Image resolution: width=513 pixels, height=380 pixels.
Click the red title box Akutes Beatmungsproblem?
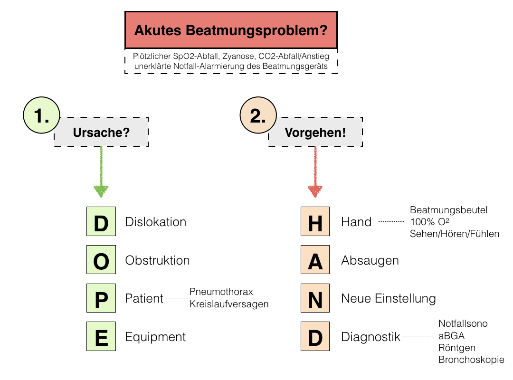click(x=231, y=30)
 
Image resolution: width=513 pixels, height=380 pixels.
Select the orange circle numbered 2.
click(x=258, y=117)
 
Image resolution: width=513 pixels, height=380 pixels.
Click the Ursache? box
click(x=101, y=132)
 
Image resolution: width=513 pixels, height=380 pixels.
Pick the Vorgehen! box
click(x=315, y=132)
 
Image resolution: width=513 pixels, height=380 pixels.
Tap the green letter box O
click(x=101, y=260)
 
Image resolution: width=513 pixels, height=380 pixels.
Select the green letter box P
click(x=101, y=299)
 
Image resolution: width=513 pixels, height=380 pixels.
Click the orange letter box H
click(x=315, y=222)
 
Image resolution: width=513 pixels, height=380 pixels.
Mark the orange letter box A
click(x=315, y=260)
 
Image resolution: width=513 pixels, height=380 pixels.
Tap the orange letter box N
click(x=315, y=299)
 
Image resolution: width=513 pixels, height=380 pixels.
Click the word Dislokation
click(x=155, y=222)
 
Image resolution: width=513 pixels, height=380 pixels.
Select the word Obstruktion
click(x=157, y=260)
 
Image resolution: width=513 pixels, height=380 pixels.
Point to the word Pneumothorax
click(x=221, y=291)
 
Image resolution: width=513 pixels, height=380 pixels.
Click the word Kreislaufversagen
click(x=229, y=304)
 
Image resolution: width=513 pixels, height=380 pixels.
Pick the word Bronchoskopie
click(x=471, y=360)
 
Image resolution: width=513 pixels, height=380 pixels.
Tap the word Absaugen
click(x=370, y=260)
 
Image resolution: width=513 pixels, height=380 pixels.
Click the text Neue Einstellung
click(x=388, y=299)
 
